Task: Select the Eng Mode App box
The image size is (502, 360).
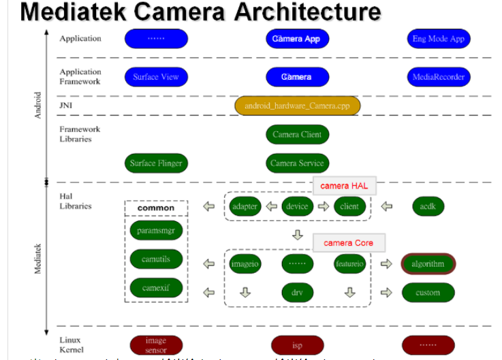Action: coord(438,39)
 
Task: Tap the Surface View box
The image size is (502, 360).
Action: coord(156,77)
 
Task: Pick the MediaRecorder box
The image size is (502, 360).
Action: coord(438,77)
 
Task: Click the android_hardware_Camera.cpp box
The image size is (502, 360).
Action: coord(297,106)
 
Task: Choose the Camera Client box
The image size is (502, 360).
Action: coord(297,135)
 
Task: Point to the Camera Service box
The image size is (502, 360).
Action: coord(297,163)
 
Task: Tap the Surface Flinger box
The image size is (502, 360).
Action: coord(156,163)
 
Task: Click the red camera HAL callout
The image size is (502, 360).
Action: coord(344,186)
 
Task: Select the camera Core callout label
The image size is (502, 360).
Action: coord(348,243)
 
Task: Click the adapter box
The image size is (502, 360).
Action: coord(245,206)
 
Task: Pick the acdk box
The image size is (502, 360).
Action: coord(428,206)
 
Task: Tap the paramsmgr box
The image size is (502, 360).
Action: coord(156,231)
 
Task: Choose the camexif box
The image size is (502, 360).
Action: coord(156,288)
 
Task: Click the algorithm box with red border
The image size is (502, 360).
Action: coord(428,264)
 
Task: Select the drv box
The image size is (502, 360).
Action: coord(297,293)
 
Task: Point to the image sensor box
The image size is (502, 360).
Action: coord(156,344)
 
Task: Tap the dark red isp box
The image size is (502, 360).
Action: coord(297,345)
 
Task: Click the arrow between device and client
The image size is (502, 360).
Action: coord(324,206)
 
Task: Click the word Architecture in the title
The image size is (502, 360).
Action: coord(298,12)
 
